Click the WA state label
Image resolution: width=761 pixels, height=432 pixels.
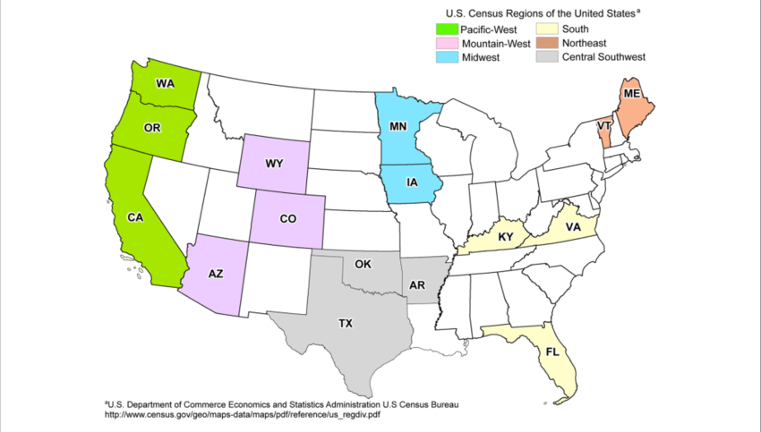pos(165,84)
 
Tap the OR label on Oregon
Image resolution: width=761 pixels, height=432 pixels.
pos(152,128)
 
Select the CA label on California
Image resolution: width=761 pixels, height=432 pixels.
pos(136,217)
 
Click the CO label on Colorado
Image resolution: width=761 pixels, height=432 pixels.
pos(287,218)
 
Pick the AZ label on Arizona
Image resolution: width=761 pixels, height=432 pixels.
pos(216,275)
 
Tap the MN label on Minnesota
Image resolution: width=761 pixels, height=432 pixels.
pos(399,126)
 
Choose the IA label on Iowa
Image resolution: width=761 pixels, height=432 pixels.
pos(412,182)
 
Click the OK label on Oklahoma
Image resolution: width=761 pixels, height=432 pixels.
pos(363,265)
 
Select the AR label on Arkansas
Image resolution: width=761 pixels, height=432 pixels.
pos(417,285)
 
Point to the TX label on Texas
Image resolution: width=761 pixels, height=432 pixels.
pos(346,323)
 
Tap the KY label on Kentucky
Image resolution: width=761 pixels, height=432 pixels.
pos(506,236)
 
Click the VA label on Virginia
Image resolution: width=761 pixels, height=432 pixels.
pos(572,228)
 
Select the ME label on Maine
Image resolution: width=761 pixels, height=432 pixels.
pos(632,93)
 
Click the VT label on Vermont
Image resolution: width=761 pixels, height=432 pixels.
pos(604,126)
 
